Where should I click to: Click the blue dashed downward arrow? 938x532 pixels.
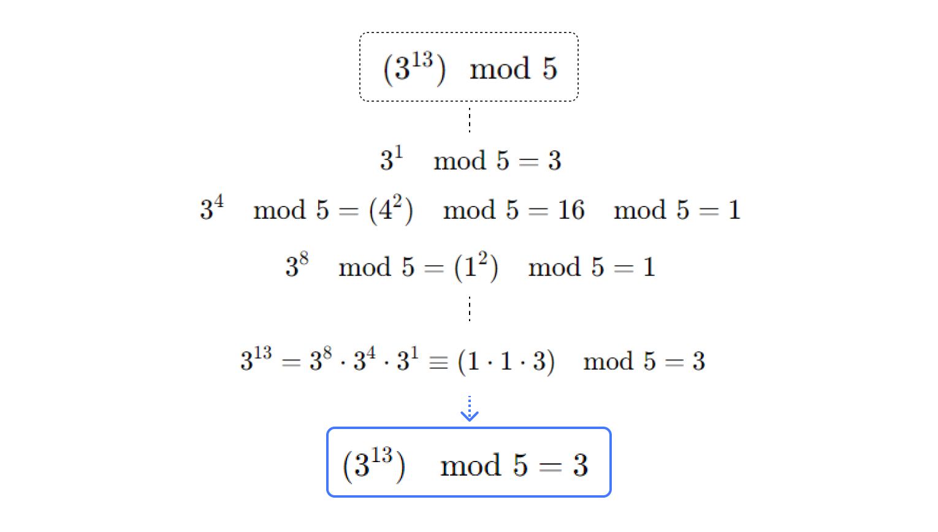(x=470, y=409)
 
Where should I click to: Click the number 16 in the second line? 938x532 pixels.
(x=571, y=210)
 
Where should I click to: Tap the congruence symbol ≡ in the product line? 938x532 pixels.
(x=438, y=362)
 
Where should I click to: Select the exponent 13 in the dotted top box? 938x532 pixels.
(x=422, y=60)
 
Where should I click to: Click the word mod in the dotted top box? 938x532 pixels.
(x=500, y=69)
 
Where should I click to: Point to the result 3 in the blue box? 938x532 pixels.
(x=580, y=465)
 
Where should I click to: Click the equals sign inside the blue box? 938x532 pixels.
(x=550, y=467)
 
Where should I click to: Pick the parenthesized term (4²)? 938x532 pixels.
(x=391, y=210)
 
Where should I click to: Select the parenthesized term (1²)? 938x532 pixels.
(x=476, y=267)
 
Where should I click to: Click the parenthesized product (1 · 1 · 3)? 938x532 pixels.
(x=506, y=362)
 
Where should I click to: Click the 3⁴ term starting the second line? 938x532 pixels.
(x=212, y=208)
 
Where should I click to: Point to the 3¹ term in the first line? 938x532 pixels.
(x=391, y=159)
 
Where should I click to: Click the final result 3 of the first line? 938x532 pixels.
(x=554, y=161)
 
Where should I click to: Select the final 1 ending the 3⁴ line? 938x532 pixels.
(x=734, y=210)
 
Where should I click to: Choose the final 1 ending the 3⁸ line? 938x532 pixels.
(x=649, y=267)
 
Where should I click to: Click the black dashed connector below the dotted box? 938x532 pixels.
(x=470, y=120)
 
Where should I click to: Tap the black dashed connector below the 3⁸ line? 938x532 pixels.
(x=470, y=308)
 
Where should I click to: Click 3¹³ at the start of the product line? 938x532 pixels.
(x=256, y=359)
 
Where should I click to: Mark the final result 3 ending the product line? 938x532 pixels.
(x=698, y=362)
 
